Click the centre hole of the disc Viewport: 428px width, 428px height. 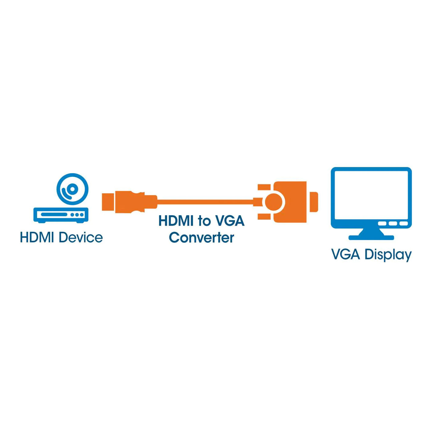(x=72, y=189)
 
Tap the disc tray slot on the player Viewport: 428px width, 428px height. (x=54, y=215)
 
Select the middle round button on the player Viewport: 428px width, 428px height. (x=77, y=215)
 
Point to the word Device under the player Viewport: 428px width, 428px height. (x=81, y=237)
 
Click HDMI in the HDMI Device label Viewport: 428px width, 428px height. (x=37, y=237)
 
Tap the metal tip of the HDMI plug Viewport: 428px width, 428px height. (x=109, y=202)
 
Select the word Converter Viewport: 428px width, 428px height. (x=202, y=238)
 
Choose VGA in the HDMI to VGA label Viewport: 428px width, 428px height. (x=228, y=221)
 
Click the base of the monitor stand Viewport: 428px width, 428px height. (x=371, y=238)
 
